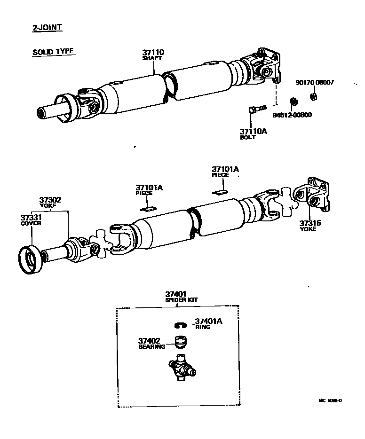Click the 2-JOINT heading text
tap(47, 27)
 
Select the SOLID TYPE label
tap(53, 52)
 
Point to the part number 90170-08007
tap(315, 82)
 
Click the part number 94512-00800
tap(293, 115)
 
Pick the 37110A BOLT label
tap(253, 134)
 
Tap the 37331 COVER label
tap(31, 219)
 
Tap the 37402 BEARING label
tap(152, 343)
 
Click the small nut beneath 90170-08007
tap(313, 97)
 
